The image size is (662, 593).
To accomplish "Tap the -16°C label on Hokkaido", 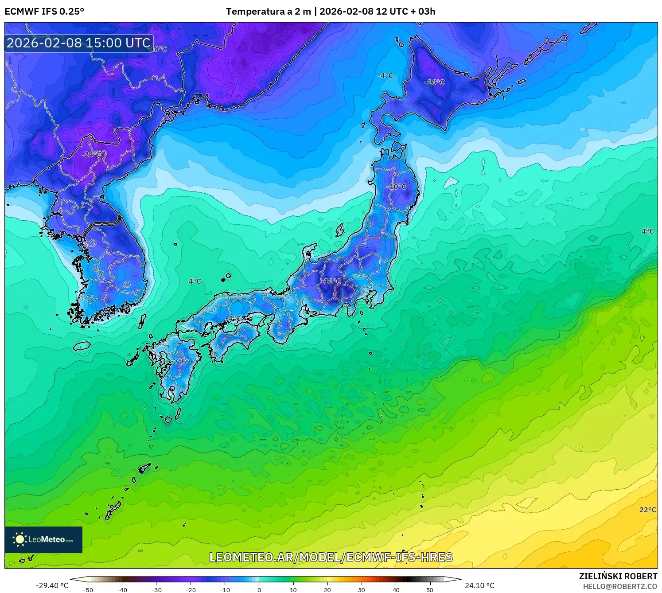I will click(x=434, y=82).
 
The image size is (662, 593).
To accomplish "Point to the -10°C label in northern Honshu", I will click(x=396, y=187).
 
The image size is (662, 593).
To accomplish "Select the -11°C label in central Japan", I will click(x=332, y=281).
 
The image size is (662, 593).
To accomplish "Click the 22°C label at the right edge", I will click(x=647, y=510).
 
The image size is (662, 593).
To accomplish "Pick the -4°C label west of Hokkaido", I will click(x=385, y=76).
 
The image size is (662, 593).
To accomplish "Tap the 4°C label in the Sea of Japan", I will click(x=195, y=281).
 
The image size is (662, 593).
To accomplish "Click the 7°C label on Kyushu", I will click(x=180, y=361).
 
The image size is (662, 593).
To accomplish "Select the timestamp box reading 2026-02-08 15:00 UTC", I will click(x=79, y=43).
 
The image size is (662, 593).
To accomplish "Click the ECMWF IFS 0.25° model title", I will click(x=44, y=12).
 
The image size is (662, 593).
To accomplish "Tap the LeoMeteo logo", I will click(x=43, y=539).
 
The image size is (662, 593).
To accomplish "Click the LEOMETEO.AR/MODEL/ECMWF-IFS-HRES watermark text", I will click(x=331, y=557).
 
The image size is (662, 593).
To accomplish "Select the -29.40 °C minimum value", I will click(x=52, y=585).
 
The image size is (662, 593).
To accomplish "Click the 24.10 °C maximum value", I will click(x=479, y=585).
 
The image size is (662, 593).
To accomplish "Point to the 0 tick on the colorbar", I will click(x=259, y=590).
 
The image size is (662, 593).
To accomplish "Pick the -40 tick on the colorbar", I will click(x=122, y=590).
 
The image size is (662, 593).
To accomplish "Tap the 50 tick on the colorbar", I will click(x=430, y=590).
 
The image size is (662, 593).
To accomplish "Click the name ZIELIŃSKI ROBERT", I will click(x=618, y=576).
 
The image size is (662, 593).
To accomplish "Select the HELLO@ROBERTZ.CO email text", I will click(x=620, y=586).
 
